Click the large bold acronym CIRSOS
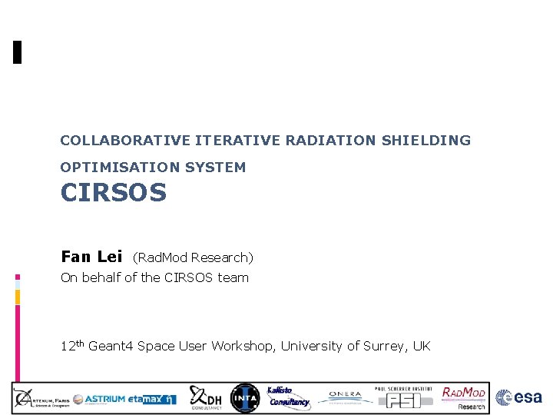114,193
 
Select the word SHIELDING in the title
432,141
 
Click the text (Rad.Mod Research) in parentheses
193,257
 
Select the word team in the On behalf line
233,277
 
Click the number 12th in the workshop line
72,346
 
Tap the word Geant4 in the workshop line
111,347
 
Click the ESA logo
519,397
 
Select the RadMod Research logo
464,397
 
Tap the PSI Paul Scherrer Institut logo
402,397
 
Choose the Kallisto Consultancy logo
287,397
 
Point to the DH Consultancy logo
206,397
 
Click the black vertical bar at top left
17,51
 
